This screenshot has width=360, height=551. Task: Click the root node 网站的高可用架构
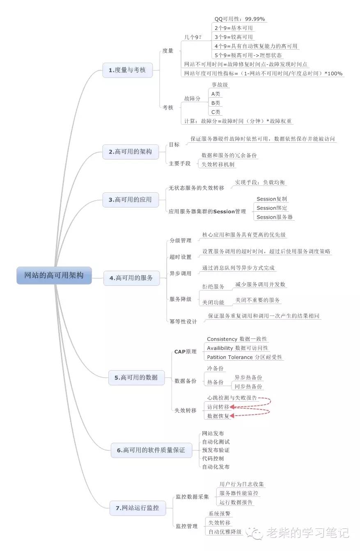point(54,275)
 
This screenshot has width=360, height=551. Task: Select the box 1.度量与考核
point(128,70)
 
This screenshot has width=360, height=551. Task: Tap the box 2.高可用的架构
point(131,152)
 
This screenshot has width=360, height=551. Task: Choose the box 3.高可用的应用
point(131,200)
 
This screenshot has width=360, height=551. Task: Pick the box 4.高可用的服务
point(131,278)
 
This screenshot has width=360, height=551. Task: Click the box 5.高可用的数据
point(136,377)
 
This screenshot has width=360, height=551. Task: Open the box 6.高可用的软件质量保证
point(151,450)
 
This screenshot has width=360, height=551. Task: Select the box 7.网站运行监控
point(138,508)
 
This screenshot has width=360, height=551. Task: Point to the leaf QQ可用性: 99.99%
point(240,19)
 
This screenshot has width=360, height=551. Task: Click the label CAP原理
point(185,352)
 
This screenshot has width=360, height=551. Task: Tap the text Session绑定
point(272,208)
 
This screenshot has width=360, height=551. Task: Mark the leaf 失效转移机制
point(218,165)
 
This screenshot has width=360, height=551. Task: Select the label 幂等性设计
point(183,322)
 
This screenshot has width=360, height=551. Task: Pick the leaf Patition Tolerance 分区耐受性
point(244,357)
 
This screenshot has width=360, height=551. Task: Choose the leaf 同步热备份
point(248,386)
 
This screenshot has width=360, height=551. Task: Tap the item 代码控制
point(213,459)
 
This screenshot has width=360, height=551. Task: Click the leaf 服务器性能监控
point(238,493)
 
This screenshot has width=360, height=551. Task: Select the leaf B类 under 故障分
point(216,103)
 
